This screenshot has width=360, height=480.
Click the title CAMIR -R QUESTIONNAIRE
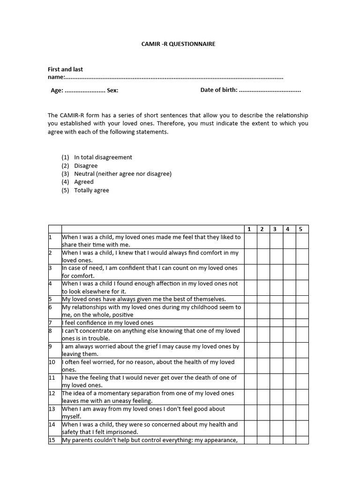click(x=178, y=44)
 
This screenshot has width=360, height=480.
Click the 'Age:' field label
click(x=57, y=90)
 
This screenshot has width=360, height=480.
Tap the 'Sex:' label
click(x=112, y=90)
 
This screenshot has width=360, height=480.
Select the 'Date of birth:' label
click(x=219, y=90)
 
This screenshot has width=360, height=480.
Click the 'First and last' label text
click(x=65, y=69)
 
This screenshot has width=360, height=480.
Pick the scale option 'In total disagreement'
click(x=103, y=157)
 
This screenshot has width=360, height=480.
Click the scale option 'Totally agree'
click(x=91, y=190)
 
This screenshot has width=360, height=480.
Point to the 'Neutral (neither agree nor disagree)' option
click(x=123, y=174)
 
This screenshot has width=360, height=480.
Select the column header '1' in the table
click(x=249, y=229)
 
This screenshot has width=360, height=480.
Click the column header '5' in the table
click(x=301, y=229)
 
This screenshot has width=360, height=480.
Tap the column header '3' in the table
click(x=275, y=229)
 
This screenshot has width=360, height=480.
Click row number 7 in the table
click(x=51, y=323)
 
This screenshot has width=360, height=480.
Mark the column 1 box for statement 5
click(x=250, y=299)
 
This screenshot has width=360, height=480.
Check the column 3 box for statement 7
click(x=276, y=323)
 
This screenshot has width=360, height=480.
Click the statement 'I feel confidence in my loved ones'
click(x=108, y=323)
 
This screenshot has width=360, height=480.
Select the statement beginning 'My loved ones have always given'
click(x=144, y=299)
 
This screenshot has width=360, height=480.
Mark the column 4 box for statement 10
click(x=288, y=366)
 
